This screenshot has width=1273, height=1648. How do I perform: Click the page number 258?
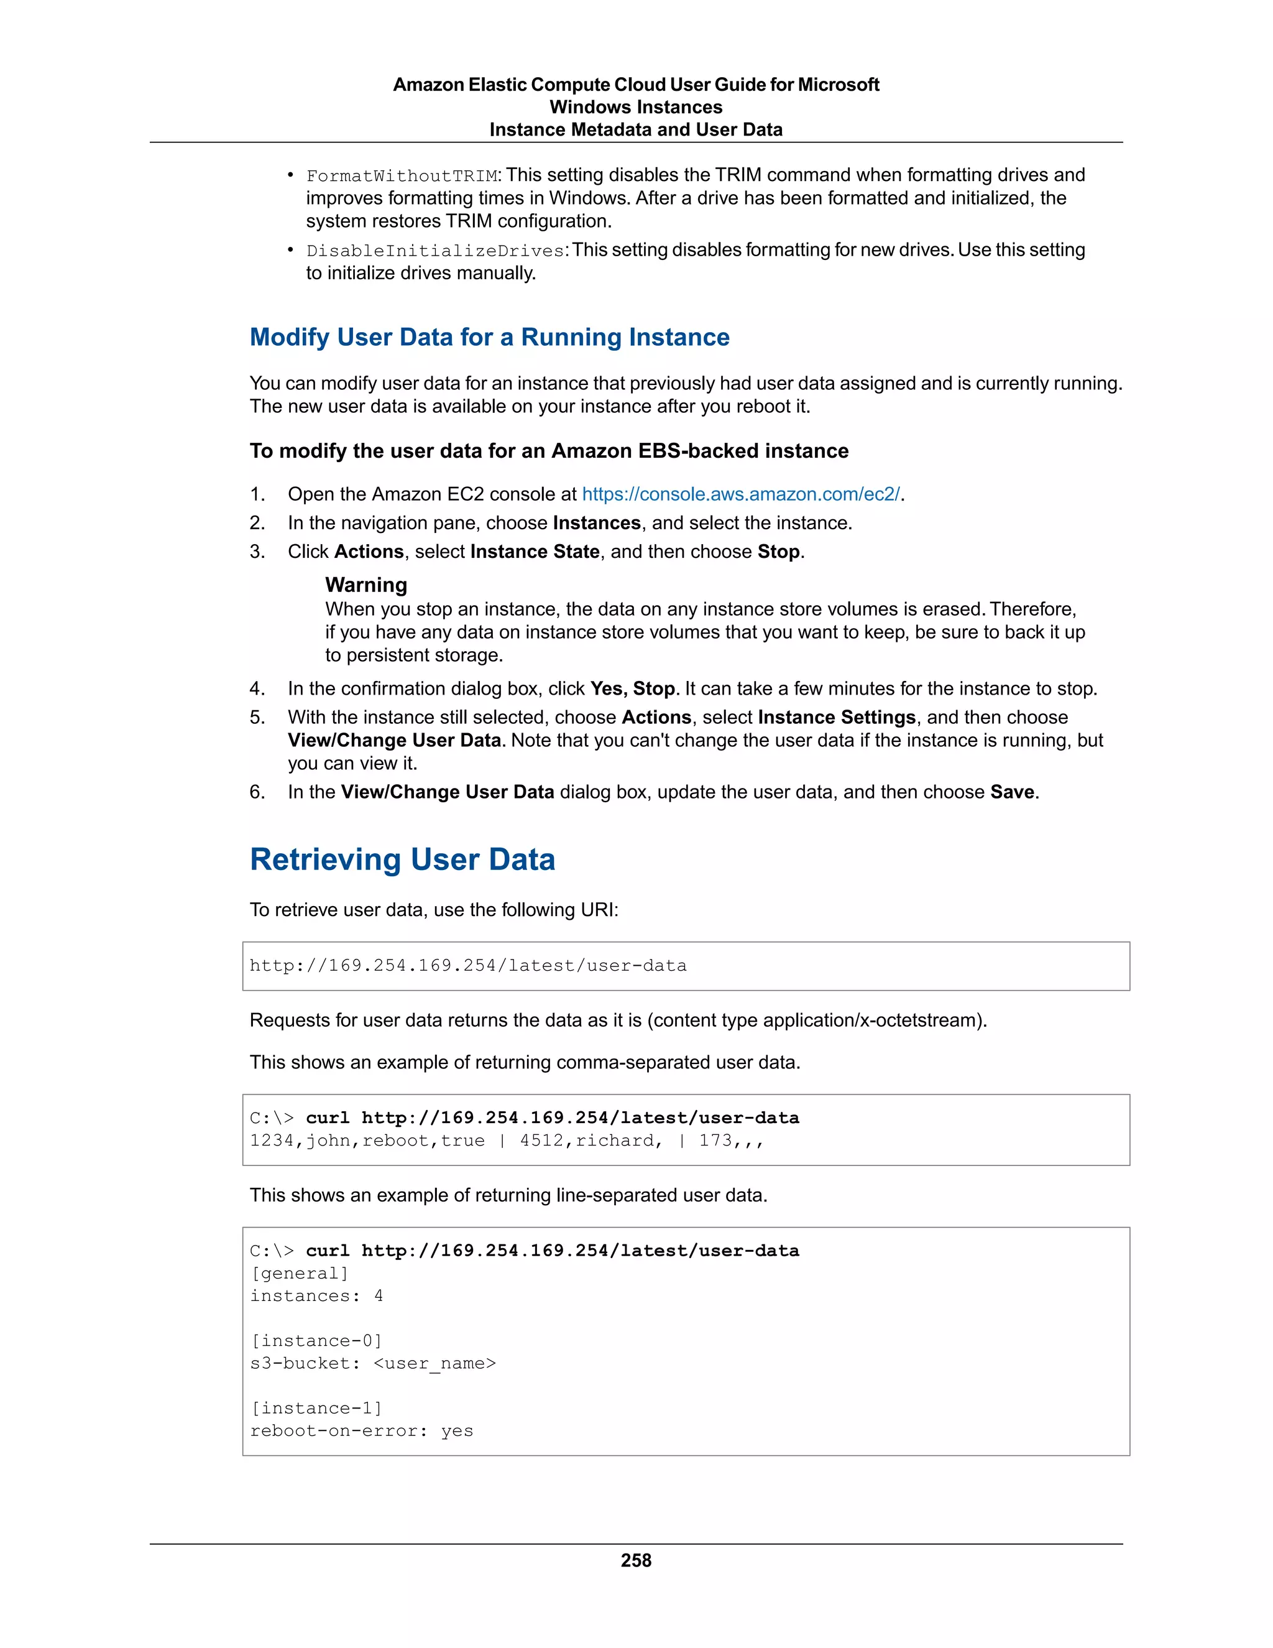coord(636,1560)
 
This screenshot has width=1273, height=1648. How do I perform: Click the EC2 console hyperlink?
coord(740,494)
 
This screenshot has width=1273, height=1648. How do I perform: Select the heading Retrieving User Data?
coord(402,859)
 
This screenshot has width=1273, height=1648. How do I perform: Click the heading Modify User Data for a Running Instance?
coord(489,336)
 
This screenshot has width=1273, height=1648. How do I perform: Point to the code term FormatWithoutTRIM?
coord(401,176)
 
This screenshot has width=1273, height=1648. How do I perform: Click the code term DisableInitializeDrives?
coord(436,251)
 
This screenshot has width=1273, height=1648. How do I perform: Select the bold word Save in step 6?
coord(1012,792)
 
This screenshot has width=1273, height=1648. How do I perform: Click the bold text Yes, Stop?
coord(632,688)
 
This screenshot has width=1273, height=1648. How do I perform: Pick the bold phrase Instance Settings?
coord(837,717)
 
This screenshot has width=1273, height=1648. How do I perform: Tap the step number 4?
coord(257,688)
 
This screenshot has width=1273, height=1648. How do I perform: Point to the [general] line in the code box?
coord(300,1273)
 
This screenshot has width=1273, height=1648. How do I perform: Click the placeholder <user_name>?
coord(435,1364)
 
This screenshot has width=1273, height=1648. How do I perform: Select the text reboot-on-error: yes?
coord(361,1431)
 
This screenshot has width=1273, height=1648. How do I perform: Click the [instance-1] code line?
coord(316,1408)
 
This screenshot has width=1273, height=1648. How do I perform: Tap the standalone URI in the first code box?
coord(467,966)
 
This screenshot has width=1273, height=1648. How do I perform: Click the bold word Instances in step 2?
coord(597,523)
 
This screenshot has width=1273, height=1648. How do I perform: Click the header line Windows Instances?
coord(636,107)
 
